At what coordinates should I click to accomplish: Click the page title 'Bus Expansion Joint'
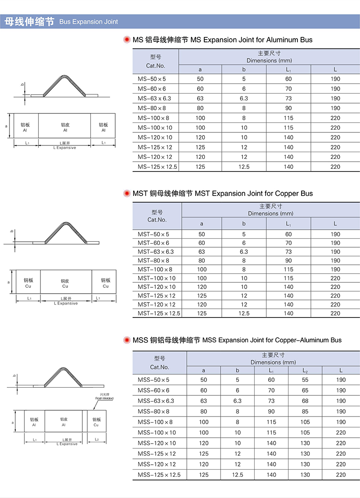(89, 22)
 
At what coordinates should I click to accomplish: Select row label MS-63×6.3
(154, 99)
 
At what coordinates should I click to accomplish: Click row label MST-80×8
(153, 261)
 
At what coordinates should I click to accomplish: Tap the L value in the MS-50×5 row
(335, 79)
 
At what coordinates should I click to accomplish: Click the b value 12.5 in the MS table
(244, 167)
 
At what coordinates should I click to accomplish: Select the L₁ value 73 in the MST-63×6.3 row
(288, 252)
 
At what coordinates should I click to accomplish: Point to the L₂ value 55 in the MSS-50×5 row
(305, 380)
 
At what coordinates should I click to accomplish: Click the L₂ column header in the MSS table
(305, 370)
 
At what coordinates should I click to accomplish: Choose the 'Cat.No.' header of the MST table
(157, 220)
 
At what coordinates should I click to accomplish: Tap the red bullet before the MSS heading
(127, 340)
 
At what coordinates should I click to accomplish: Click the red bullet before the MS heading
(127, 40)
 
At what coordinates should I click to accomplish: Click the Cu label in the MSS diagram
(96, 425)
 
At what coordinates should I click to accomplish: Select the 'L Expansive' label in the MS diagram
(65, 148)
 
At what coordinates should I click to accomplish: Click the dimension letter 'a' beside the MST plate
(9, 282)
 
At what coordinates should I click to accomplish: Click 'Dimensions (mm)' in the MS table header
(269, 60)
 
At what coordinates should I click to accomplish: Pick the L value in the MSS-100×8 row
(341, 422)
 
